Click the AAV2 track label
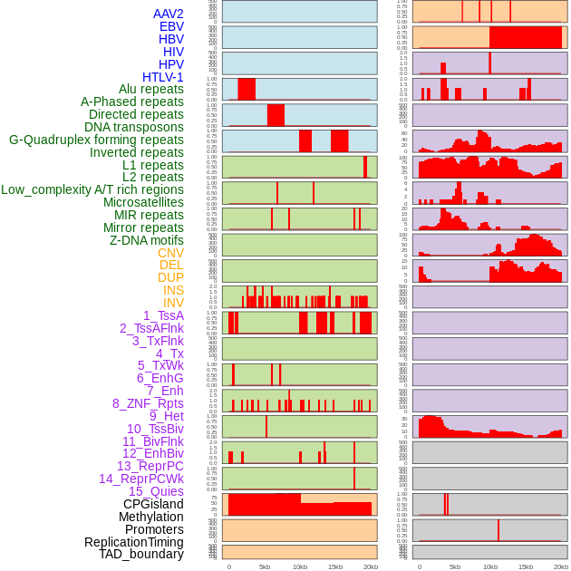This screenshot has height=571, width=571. click(168, 14)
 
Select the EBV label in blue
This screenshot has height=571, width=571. click(171, 26)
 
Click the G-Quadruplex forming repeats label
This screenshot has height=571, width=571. click(96, 140)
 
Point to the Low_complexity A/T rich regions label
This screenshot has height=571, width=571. click(92, 189)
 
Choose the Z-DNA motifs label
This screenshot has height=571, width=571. click(146, 240)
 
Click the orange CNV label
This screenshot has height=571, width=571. click(170, 253)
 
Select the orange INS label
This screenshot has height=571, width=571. click(173, 290)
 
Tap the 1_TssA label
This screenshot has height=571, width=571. click(163, 315)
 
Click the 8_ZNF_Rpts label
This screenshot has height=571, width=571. click(148, 403)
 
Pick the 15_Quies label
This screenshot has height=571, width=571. click(155, 491)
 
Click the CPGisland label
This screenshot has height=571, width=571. click(153, 504)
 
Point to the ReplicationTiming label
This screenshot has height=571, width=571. click(133, 542)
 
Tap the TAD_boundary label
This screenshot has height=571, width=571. click(141, 554)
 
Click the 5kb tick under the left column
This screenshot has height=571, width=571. click(265, 566)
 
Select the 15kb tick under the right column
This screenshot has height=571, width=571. click(526, 566)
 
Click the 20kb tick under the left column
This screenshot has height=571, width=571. click(371, 566)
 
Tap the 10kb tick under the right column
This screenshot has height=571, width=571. click(490, 566)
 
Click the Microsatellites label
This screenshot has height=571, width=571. click(143, 202)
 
